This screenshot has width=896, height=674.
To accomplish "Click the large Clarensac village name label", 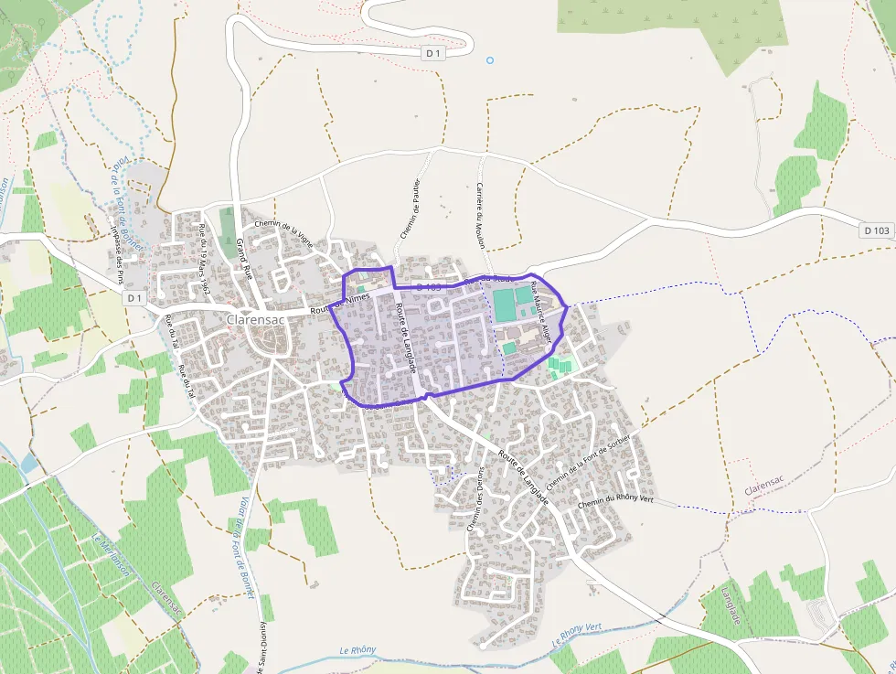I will tap(252, 318).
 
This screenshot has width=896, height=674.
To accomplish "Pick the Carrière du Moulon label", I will tap(480, 215).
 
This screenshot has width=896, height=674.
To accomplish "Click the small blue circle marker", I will tap(490, 60).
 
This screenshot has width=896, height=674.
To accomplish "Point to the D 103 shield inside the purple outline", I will tap(429, 287).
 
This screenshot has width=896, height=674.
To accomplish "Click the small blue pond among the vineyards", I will tap(29, 464).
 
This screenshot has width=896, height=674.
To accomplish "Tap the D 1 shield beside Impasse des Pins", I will tap(134, 297).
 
